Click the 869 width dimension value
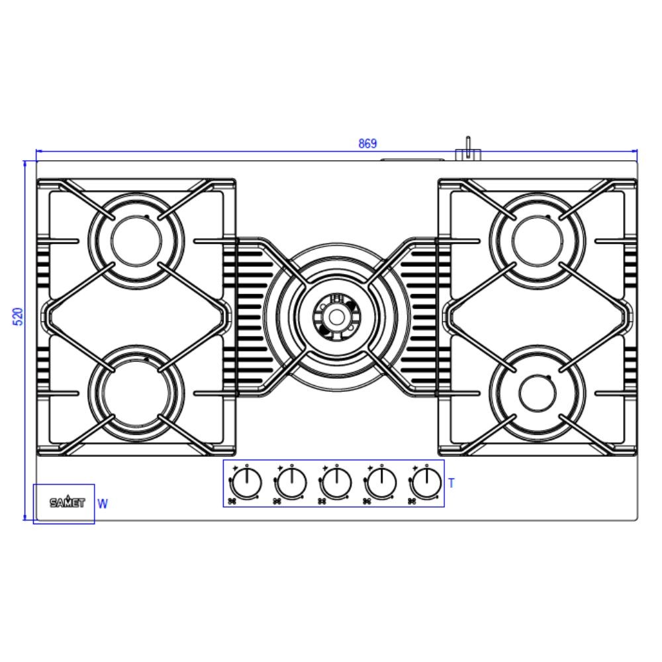click(x=367, y=144)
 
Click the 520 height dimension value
click(x=19, y=316)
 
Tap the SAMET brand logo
click(x=67, y=502)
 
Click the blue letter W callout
click(x=102, y=504)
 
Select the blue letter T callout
click(x=451, y=483)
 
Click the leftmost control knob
click(x=246, y=483)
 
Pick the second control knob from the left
click(x=292, y=483)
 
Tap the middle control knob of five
click(x=336, y=483)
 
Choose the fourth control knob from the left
click(x=382, y=483)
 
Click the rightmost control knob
click(x=427, y=483)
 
